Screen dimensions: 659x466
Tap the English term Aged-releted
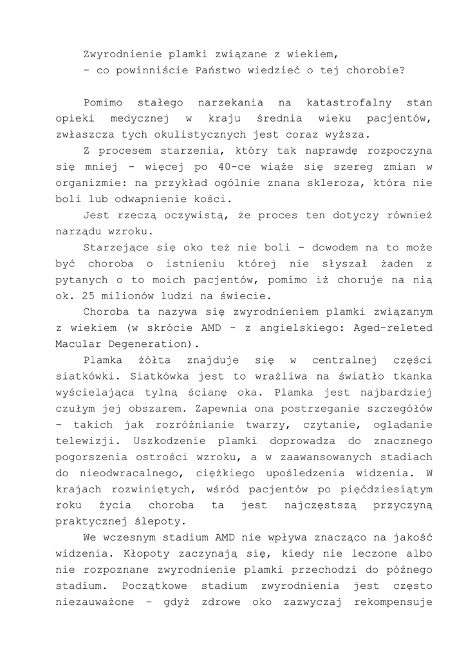coord(395,328)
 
